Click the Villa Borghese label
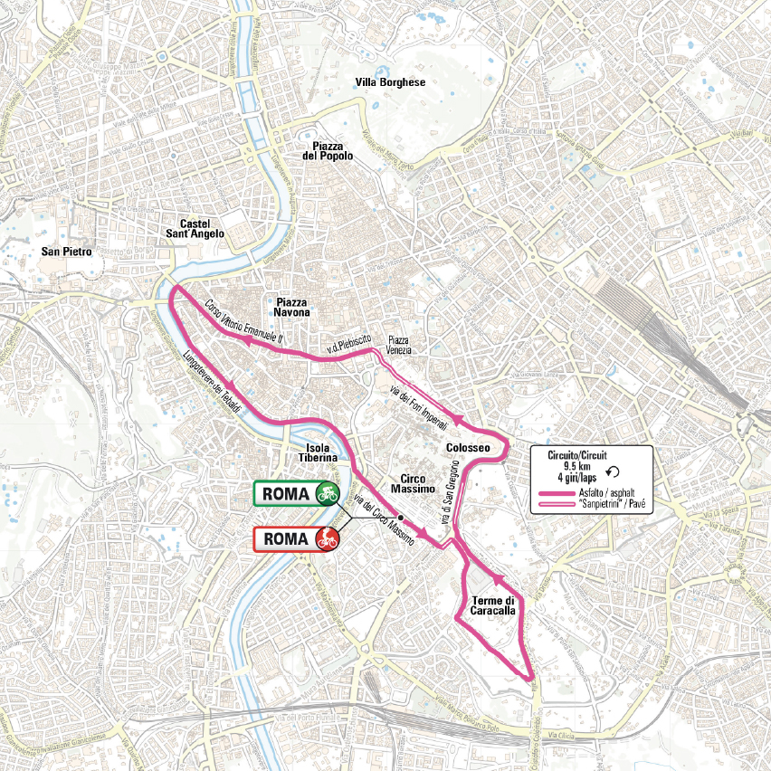390,82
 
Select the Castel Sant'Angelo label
202,228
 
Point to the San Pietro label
66,252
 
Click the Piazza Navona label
292,306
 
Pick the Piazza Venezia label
398,343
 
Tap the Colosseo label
467,448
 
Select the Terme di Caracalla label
493,605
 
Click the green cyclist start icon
327,493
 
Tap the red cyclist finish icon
327,539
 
